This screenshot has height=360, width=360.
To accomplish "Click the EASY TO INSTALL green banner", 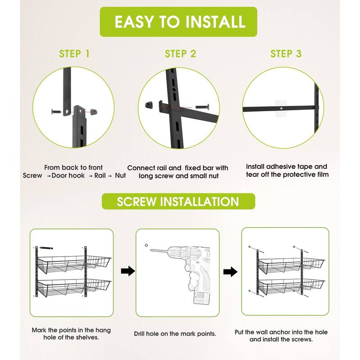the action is (x=178, y=22).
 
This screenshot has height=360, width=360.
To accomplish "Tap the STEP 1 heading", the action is (x=74, y=54).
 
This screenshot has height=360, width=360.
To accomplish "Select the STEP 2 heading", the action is (x=180, y=54).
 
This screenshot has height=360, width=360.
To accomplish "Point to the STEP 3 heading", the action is (x=286, y=54).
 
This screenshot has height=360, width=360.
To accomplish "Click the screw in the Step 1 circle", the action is (x=56, y=112).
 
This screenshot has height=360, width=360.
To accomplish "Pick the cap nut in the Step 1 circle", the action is (x=94, y=112).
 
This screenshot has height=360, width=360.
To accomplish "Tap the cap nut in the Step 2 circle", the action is (x=149, y=105).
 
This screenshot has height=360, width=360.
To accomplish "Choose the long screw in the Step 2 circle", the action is (x=202, y=107).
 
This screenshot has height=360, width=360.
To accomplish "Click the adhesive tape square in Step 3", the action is (x=281, y=108).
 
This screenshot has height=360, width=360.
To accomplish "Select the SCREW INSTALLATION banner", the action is (x=178, y=201).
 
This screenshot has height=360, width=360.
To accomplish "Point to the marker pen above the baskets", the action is (x=46, y=248).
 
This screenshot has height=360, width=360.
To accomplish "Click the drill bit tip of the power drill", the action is (x=151, y=250).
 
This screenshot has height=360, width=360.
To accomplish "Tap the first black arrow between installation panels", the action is (x=128, y=271).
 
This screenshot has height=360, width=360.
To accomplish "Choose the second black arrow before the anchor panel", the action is (x=230, y=272).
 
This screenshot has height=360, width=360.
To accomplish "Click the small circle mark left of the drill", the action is (x=146, y=245).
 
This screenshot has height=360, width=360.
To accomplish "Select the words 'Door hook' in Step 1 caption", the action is (x=68, y=175).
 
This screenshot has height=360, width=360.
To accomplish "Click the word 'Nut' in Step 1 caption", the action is (x=120, y=175).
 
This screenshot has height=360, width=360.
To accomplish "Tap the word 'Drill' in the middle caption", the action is (x=139, y=333).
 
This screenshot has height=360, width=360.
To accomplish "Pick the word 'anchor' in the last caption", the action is (x=279, y=332).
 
